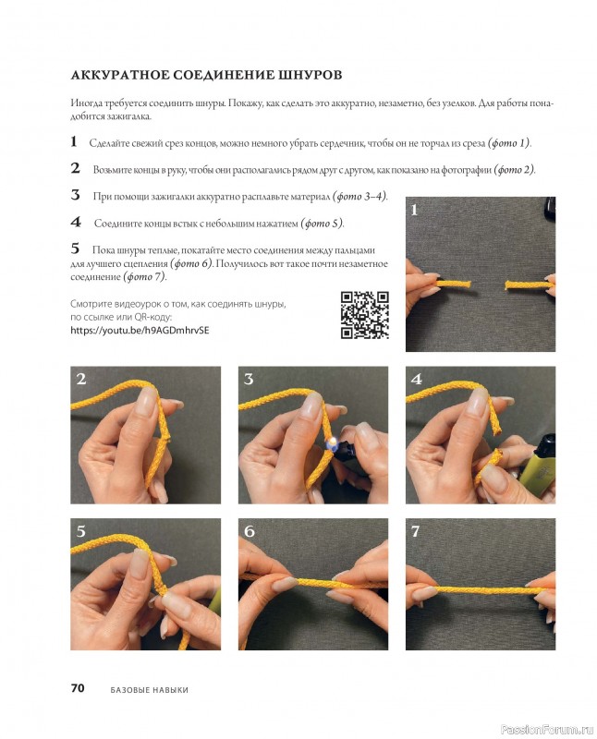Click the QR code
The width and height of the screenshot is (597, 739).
tap(364, 314)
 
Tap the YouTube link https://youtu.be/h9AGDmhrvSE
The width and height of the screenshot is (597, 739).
tap(140, 330)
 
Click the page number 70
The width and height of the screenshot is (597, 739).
tap(78, 687)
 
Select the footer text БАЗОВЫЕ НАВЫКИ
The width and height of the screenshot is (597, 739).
tap(149, 689)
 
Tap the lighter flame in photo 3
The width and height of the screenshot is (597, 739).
tap(332, 441)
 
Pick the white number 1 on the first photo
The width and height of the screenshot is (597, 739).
tap(415, 210)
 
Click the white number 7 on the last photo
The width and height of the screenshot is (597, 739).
tap(415, 531)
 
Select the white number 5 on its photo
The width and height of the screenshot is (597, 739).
tap(81, 531)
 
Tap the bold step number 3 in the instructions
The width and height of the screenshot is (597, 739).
tap(76, 195)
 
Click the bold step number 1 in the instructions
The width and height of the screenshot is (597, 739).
tap(74, 141)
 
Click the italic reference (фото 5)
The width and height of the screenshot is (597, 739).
tap(323, 223)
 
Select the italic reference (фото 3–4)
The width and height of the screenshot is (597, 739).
tap(359, 196)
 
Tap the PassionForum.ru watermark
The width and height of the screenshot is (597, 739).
tap(547, 730)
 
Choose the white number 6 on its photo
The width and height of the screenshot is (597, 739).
tap(249, 531)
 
